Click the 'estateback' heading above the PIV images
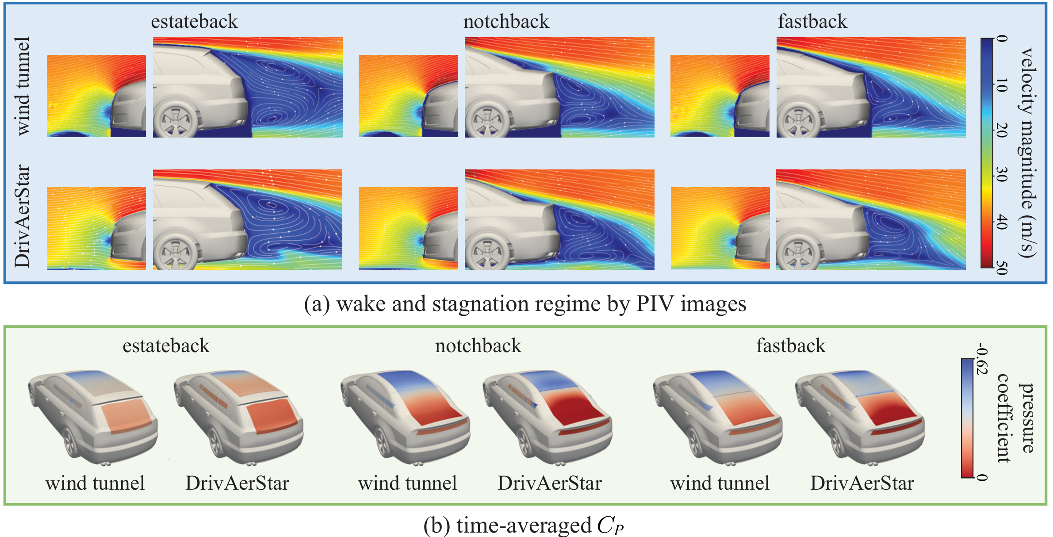[x=194, y=21]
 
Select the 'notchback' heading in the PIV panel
[x=506, y=21]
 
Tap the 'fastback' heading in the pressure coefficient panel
[x=790, y=345]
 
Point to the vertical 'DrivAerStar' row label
[x=22, y=217]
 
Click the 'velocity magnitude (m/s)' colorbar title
[x=1027, y=153]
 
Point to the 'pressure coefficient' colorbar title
[x=1015, y=418]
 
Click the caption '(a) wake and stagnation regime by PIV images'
[x=525, y=304]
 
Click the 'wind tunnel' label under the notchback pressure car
[x=407, y=483]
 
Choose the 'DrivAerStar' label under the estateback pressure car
[x=237, y=483]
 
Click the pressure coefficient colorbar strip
[x=967, y=418]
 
